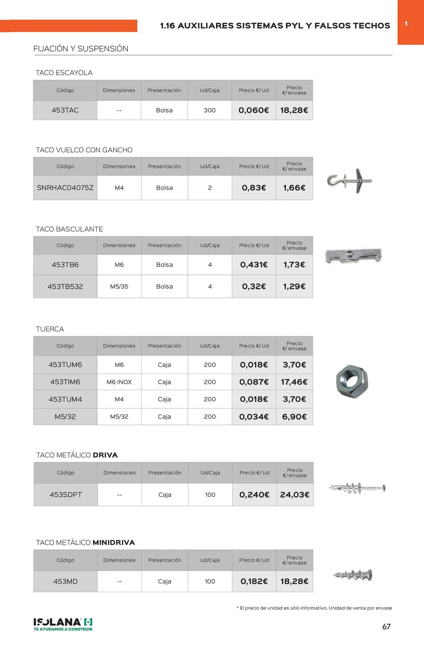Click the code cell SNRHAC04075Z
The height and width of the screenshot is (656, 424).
pyautogui.click(x=65, y=188)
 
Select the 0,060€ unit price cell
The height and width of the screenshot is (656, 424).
pyautogui.click(x=254, y=110)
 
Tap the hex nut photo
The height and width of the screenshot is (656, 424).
pyautogui.click(x=352, y=381)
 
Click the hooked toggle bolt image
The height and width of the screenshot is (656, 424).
pyautogui.click(x=349, y=181)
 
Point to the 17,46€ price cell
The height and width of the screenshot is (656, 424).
pyautogui.click(x=294, y=382)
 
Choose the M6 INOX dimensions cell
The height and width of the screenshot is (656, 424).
pyautogui.click(x=119, y=382)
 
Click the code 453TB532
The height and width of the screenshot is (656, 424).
pyautogui.click(x=65, y=287)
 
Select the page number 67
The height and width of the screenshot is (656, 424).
pyautogui.click(x=386, y=626)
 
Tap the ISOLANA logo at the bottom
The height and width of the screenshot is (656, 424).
pyautogui.click(x=63, y=624)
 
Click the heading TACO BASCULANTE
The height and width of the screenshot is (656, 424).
pyautogui.click(x=70, y=229)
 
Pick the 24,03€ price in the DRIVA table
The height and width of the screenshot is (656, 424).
pyautogui.click(x=294, y=495)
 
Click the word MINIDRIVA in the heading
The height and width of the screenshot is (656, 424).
pyautogui.click(x=114, y=542)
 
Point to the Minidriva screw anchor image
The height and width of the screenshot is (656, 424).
pyautogui.click(x=353, y=575)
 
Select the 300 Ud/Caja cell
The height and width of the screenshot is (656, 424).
pyautogui.click(x=210, y=110)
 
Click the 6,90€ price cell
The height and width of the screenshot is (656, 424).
pyautogui.click(x=294, y=417)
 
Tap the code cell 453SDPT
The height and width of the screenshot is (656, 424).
pyautogui.click(x=66, y=495)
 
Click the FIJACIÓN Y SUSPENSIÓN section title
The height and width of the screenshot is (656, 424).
pyautogui.click(x=81, y=49)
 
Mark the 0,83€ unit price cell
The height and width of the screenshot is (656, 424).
pyautogui.click(x=254, y=188)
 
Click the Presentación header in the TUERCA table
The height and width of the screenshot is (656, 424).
pyautogui.click(x=164, y=346)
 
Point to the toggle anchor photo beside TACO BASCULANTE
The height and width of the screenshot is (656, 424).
pyautogui.click(x=353, y=255)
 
